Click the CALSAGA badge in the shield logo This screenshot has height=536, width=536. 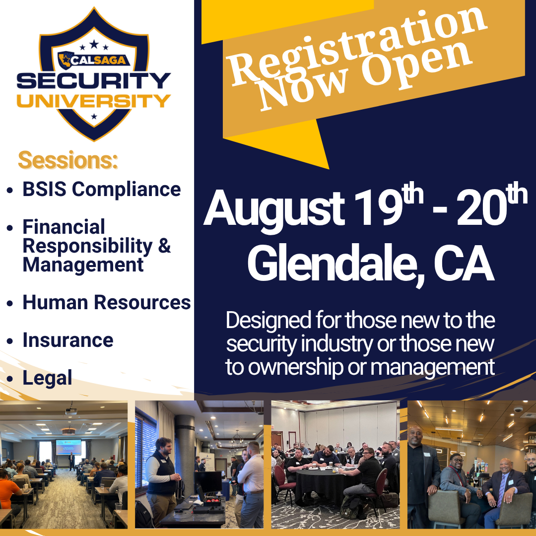pyautogui.click(x=94, y=61)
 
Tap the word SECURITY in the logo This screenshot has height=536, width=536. pyautogui.click(x=94, y=81)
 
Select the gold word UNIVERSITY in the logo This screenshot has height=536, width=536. pyautogui.click(x=94, y=101)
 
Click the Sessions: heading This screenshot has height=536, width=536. pyautogui.click(x=68, y=160)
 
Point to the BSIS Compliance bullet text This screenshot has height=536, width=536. pyautogui.click(x=102, y=189)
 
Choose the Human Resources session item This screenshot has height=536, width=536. pyautogui.click(x=107, y=303)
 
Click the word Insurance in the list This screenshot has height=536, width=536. pyautogui.click(x=68, y=340)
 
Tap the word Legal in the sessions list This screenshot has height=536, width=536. pyautogui.click(x=48, y=378)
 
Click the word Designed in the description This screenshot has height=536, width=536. pyautogui.click(x=268, y=321)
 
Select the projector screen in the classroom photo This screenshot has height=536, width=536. pyautogui.click(x=68, y=447)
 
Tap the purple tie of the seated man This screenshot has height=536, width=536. pyautogui.click(x=501, y=491)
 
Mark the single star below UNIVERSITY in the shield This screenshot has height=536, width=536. pyautogui.click(x=94, y=117)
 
